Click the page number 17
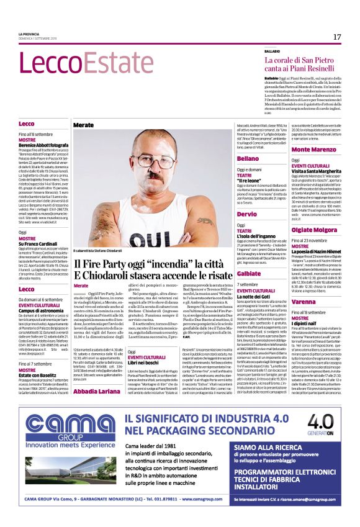pyautogui.click(x=336, y=37)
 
